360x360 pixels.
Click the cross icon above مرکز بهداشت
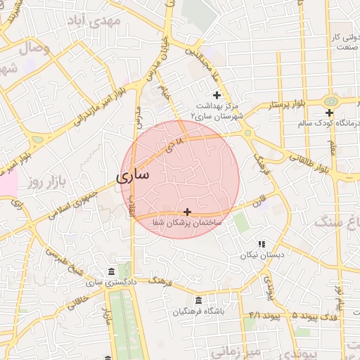click(x=217, y=95)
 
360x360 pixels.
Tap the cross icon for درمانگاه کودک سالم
click(x=329, y=112)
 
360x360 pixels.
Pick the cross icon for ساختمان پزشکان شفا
click(x=187, y=211)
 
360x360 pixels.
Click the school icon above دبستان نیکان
click(x=262, y=244)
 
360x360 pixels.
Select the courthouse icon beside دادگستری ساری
click(x=111, y=272)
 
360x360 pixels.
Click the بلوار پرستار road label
click(x=287, y=105)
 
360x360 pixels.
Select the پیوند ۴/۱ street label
click(x=259, y=315)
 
